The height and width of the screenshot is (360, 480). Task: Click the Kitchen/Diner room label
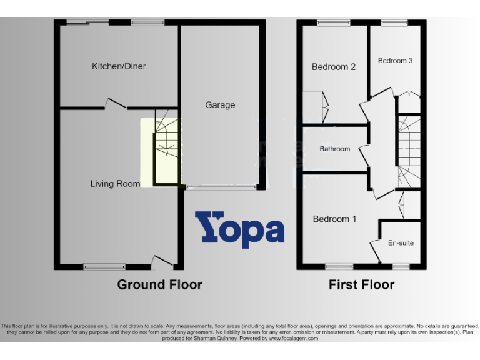119,66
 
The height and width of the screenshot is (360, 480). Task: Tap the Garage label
220,105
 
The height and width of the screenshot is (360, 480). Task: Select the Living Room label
115,184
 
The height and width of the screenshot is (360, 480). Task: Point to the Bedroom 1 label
334,219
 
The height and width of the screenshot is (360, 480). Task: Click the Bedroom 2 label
334,67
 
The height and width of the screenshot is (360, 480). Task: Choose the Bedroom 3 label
395,61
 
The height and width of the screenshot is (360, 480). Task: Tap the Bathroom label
335,149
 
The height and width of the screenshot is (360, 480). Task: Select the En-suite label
401,242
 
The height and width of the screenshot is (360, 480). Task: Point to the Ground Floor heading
160,285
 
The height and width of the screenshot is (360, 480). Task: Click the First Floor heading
362,285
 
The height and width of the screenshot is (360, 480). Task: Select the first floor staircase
409,150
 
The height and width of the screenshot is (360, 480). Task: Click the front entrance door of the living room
162,261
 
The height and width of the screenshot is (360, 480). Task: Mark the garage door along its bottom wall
221,187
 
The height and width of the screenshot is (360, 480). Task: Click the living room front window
104,267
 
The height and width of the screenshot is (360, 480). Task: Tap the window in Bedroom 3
394,23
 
